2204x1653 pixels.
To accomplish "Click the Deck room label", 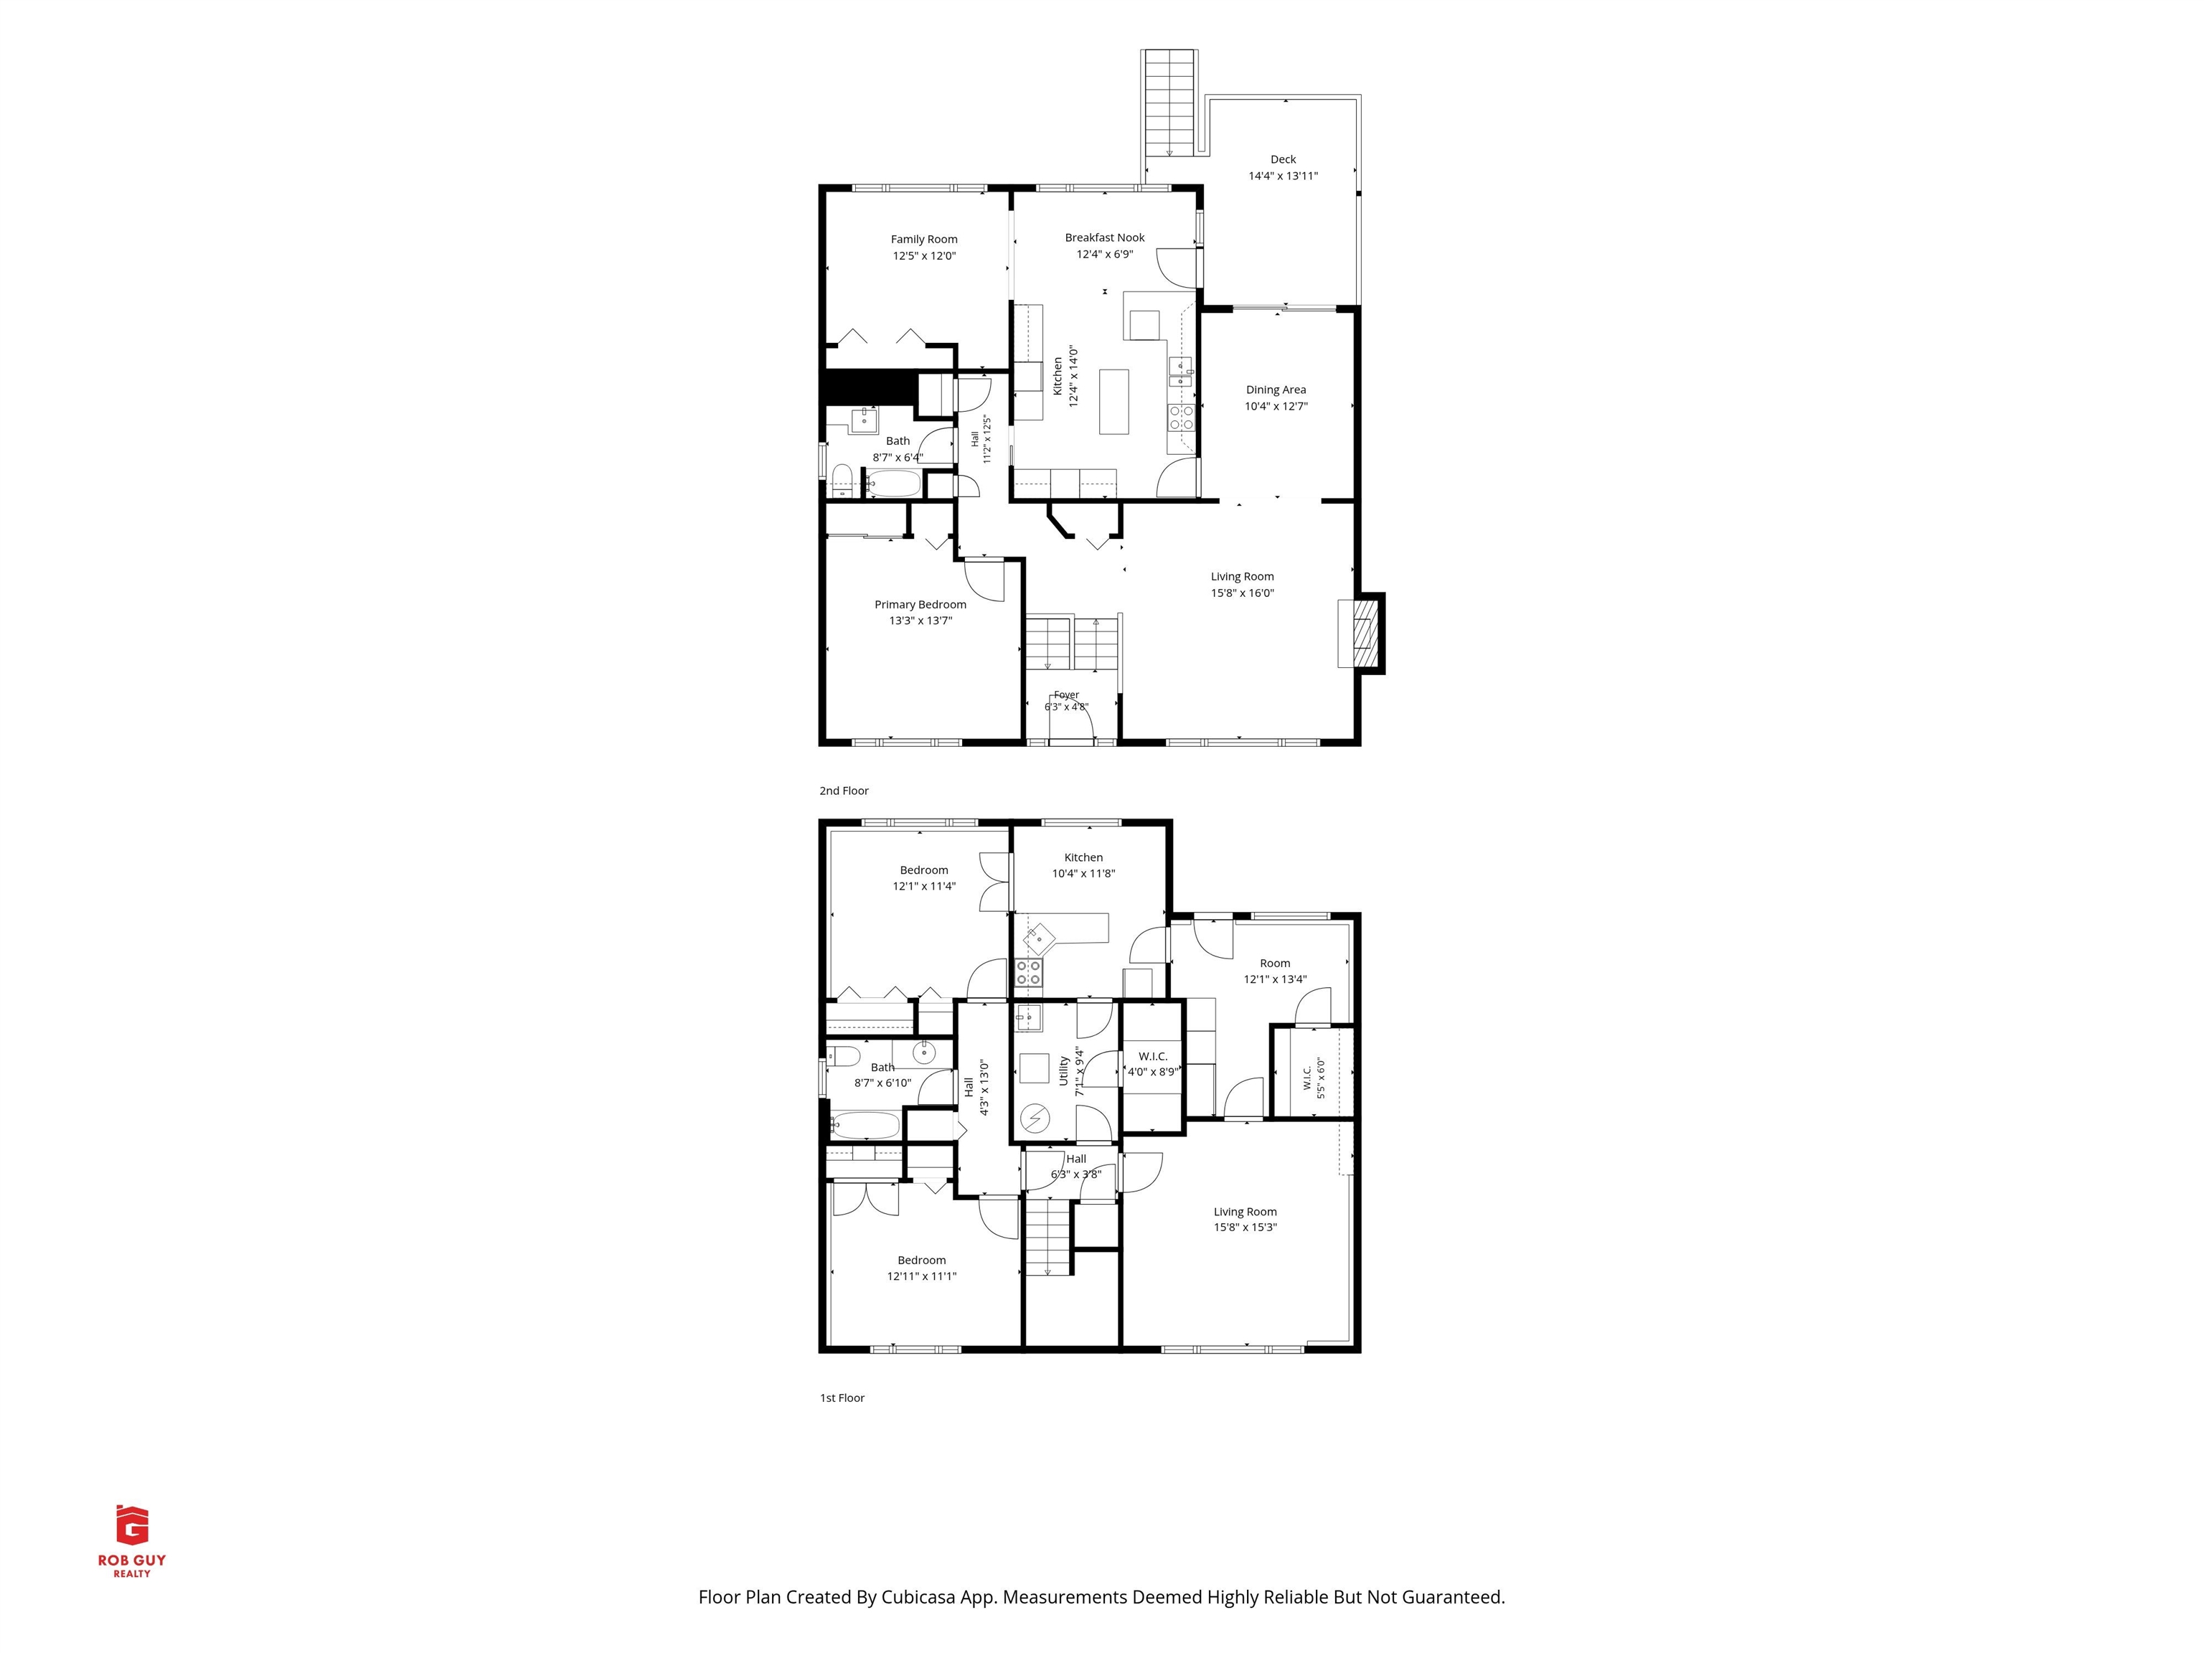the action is click(1284, 159).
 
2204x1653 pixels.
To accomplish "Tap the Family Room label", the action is click(923, 239).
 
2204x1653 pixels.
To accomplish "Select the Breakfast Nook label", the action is click(1104, 237).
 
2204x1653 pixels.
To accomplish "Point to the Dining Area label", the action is click(1276, 390).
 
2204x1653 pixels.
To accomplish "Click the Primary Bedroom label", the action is click(920, 604).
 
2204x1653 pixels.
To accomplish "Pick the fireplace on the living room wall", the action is click(1361, 634).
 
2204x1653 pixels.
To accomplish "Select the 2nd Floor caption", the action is click(844, 790).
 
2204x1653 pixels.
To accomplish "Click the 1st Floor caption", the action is click(842, 1398).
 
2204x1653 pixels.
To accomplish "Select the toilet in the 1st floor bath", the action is click(843, 1056).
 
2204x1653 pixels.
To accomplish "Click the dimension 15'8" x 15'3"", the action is click(1245, 1228).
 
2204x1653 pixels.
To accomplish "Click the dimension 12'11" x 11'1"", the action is click(922, 1276).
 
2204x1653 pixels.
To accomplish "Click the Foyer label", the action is click(1066, 694).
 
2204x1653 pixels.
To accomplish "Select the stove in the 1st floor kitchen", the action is click(1028, 972).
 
